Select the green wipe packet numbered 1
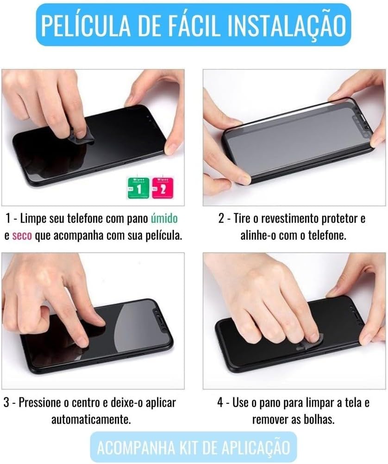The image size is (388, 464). pos(138,188)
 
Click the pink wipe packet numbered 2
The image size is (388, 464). pos(163,188)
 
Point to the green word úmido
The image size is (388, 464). pos(164,218)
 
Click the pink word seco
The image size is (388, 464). pos(22,236)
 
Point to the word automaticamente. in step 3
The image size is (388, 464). pos(91,420)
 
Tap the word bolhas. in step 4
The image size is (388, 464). pos(320,420)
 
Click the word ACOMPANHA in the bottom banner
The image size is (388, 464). pos(136,447)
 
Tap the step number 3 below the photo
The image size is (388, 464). pos(6,402)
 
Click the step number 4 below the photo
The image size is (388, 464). pos(220,402)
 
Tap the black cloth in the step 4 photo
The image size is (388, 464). pos(309,344)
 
